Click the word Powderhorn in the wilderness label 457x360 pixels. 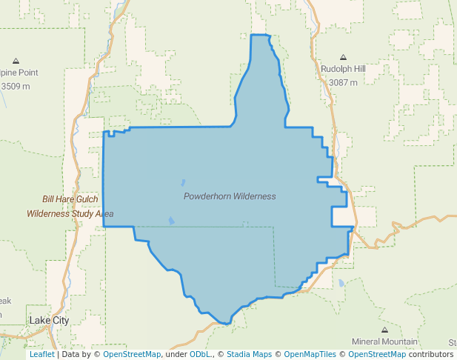coord(207,196)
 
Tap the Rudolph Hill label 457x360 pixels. coord(343,69)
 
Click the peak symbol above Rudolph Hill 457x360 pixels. coord(343,57)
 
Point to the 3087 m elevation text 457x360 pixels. coord(343,82)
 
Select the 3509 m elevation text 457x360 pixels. coord(16,86)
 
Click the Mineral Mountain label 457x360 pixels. coord(384,341)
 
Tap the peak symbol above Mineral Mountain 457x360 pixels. coord(384,330)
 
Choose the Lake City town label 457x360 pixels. coord(49,320)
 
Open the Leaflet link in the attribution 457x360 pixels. coord(41,354)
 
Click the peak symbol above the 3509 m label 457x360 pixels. coord(16,61)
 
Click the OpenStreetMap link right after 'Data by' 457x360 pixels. coord(132,354)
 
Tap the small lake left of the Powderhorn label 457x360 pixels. coord(182,181)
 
